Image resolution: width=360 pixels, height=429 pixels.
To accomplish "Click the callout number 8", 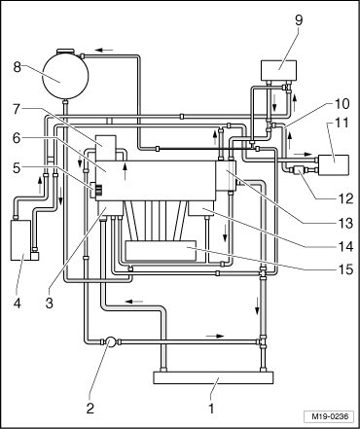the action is [18, 67].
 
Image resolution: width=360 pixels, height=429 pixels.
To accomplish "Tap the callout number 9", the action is [299, 20].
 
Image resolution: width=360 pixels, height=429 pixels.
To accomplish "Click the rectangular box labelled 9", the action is [278, 71].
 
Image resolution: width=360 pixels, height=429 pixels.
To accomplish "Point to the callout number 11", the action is [342, 123].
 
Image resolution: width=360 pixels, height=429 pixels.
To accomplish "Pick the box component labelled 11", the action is [334, 165].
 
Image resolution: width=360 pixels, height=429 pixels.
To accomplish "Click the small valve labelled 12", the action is [299, 169].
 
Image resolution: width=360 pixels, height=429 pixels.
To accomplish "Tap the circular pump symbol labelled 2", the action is [111, 341].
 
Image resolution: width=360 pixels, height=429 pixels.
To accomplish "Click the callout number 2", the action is [90, 408].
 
